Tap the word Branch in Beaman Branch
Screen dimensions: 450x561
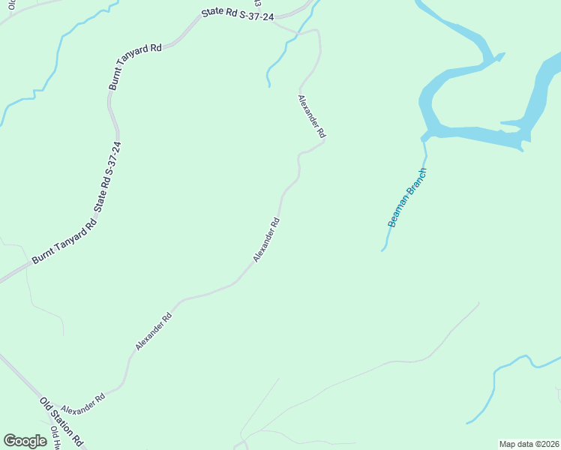pyautogui.click(x=416, y=182)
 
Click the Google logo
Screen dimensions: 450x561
pyautogui.click(x=25, y=441)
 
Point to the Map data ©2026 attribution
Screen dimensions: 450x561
pyautogui.click(x=529, y=444)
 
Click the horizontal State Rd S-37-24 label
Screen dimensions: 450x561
pyautogui.click(x=237, y=16)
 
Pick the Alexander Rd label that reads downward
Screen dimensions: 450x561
pyautogui.click(x=311, y=116)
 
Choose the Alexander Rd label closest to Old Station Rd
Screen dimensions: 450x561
pyautogui.click(x=82, y=403)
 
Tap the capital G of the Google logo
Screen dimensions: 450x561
pyautogui.click(x=10, y=441)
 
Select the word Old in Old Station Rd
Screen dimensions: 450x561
pyautogui.click(x=45, y=403)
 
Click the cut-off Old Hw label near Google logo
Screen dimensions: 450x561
pyautogui.click(x=56, y=436)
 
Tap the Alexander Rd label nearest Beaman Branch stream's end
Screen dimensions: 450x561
pyautogui.click(x=267, y=239)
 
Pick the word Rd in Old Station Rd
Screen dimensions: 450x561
pyautogui.click(x=76, y=439)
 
